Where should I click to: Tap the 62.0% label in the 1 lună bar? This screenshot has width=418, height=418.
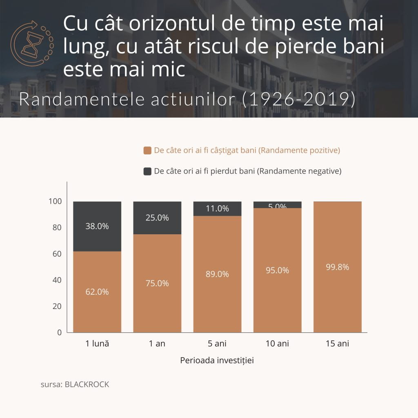[97, 292]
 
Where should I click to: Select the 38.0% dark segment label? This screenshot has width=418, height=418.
[97, 226]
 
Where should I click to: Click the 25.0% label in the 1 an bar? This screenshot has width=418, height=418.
[157, 218]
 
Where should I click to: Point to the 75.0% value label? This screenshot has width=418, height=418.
[157, 283]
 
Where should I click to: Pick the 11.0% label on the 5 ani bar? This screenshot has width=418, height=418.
[217, 209]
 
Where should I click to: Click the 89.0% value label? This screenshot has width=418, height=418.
[217, 274]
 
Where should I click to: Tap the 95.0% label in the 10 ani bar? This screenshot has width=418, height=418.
[277, 270]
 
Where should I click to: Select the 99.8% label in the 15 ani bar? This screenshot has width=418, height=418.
[338, 267]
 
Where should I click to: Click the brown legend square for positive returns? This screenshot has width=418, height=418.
[147, 151]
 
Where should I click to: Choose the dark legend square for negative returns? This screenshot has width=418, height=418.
[147, 171]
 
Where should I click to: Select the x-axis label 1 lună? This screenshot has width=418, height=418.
[97, 344]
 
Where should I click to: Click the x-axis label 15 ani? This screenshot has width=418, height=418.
[338, 344]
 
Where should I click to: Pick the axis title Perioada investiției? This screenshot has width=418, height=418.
[217, 361]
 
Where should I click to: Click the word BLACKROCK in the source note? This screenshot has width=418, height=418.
[87, 385]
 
